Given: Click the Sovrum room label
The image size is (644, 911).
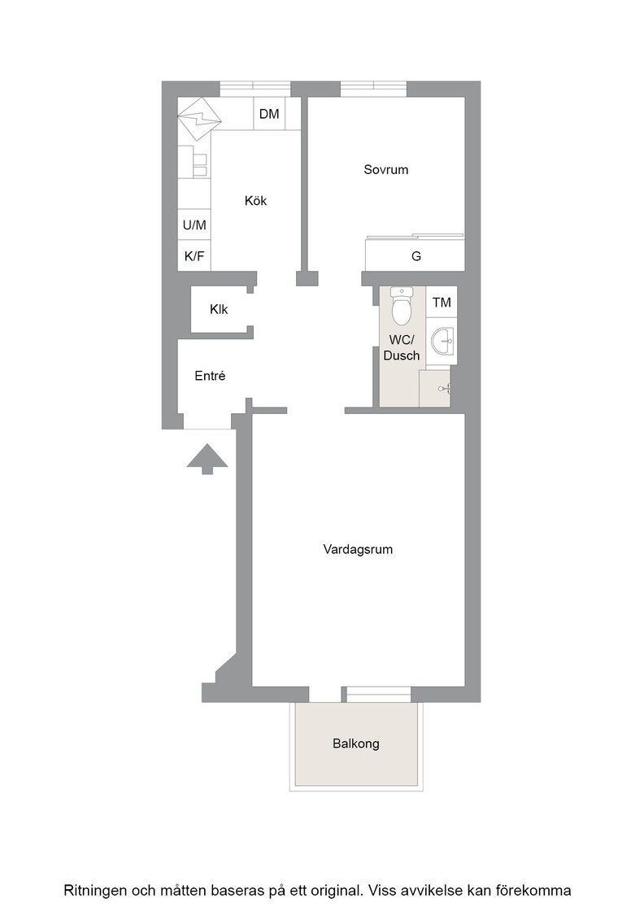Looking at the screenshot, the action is click(x=385, y=170).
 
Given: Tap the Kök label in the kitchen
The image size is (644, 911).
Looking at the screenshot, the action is click(x=255, y=200).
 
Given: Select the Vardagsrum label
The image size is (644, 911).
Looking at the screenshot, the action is click(x=358, y=550).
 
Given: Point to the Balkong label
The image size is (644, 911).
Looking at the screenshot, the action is click(x=356, y=743).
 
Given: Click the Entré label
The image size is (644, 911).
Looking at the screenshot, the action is click(x=210, y=376).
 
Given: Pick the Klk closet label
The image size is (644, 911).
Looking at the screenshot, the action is click(x=219, y=310).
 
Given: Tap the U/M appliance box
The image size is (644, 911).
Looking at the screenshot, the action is click(x=194, y=224).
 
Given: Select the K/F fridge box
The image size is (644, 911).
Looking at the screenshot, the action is click(x=194, y=255).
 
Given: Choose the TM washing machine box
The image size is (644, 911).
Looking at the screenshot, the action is click(x=442, y=302).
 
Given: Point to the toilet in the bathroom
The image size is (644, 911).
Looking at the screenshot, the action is click(x=401, y=306).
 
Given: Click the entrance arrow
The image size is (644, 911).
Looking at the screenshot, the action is click(x=207, y=459).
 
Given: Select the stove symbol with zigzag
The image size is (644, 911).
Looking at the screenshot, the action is click(x=199, y=119).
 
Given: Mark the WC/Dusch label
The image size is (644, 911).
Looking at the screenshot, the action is click(x=401, y=347).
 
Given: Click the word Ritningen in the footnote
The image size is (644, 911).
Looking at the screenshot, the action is click(x=95, y=891).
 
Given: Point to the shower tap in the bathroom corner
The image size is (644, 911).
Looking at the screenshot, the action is click(x=445, y=389).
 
